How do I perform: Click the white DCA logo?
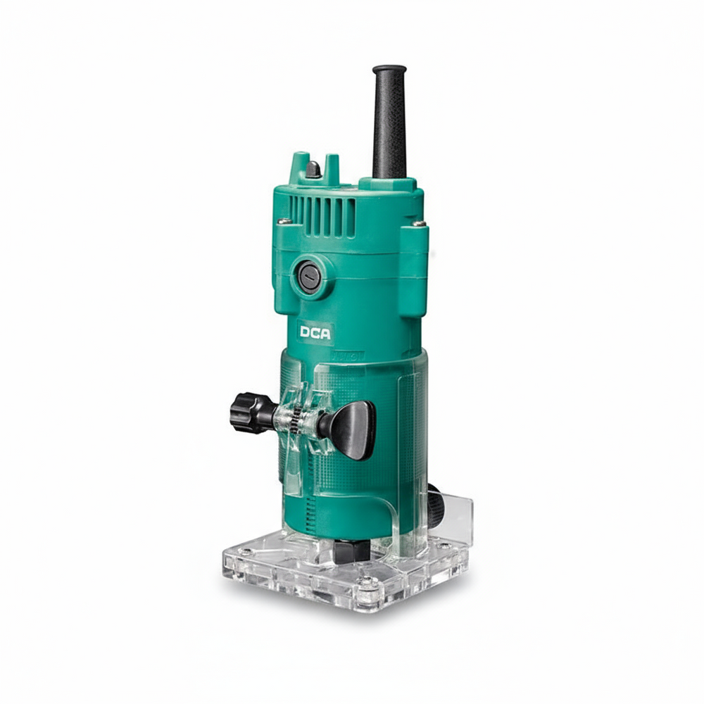click(315, 333)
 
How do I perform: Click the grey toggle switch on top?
click(313, 169)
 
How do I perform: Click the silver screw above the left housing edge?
click(282, 221)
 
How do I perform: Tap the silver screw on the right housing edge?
click(419, 223)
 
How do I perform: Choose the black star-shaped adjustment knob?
click(251, 413)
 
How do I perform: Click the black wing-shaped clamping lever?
click(352, 429)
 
